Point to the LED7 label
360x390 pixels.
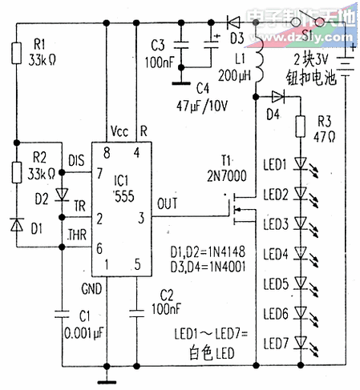tap(276, 342)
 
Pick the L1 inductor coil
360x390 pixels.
tap(259, 60)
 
